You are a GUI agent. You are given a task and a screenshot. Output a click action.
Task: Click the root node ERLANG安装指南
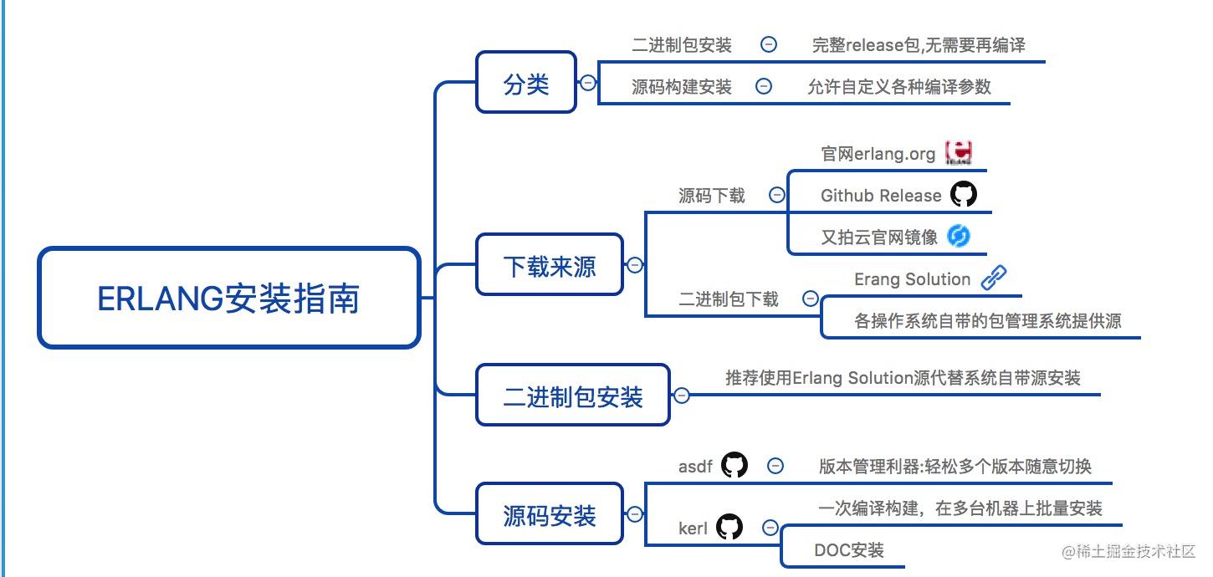point(228,298)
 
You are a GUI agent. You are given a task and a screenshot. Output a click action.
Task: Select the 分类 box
point(526,83)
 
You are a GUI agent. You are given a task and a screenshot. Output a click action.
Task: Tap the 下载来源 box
point(549,265)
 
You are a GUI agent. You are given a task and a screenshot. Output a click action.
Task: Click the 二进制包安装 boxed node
point(572,396)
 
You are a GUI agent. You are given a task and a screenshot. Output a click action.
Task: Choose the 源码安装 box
point(549,514)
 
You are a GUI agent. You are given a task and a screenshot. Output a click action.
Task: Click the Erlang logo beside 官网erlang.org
point(958,153)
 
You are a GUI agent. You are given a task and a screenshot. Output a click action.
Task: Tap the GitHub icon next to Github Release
point(963,195)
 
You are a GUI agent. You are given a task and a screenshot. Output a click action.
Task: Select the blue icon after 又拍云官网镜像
point(958,237)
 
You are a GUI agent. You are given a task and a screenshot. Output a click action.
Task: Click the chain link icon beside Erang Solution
point(993,278)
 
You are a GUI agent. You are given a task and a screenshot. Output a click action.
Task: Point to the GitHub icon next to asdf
point(734,465)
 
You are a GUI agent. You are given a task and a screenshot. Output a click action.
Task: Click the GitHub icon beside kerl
point(729,527)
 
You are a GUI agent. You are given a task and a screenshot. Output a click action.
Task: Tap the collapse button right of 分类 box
point(588,83)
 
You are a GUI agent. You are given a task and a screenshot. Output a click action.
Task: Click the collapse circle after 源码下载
point(777,195)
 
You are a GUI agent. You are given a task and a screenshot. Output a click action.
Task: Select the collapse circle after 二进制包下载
point(810,299)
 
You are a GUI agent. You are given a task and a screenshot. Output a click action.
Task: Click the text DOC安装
point(848,550)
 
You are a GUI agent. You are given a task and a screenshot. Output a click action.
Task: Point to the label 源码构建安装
point(681,87)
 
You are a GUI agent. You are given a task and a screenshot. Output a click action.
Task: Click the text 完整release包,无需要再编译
point(918,45)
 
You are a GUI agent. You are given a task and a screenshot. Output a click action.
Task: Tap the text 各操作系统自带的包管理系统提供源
point(987,321)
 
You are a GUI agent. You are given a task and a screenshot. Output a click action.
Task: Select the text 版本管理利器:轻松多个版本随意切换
point(955,467)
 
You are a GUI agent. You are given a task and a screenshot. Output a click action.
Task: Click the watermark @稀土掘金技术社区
point(1129,551)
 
